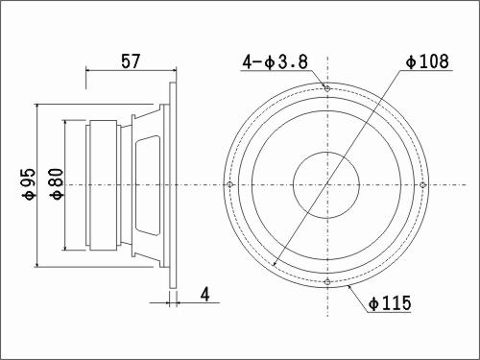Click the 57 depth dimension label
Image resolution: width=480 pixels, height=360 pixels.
point(131,61)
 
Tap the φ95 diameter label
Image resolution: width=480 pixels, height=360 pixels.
point(29,184)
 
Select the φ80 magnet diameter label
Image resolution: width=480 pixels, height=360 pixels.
point(57,184)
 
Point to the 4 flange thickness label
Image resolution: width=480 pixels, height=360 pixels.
point(204,294)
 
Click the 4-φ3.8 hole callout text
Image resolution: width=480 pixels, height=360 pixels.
point(276,61)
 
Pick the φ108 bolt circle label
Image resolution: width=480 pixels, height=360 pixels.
point(427,61)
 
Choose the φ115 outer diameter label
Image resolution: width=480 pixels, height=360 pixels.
point(390,302)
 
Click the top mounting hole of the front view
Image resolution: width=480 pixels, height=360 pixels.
point(327,88)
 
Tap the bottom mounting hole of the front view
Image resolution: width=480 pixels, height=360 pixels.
point(327,282)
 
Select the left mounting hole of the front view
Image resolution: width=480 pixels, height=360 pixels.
point(229,184)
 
